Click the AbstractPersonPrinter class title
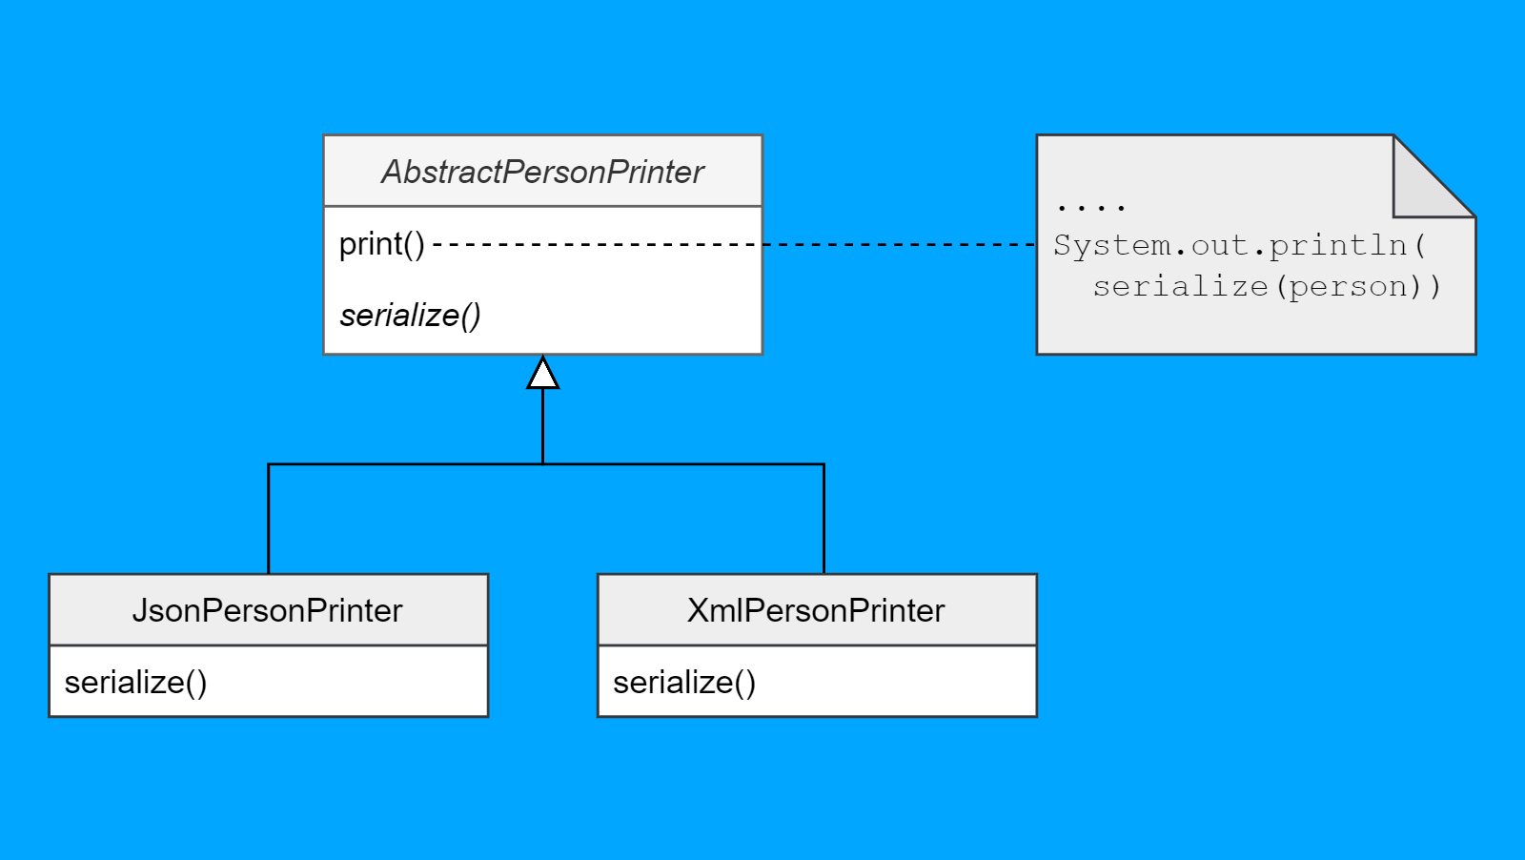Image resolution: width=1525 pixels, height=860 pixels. point(542,172)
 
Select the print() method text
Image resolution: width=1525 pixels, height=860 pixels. point(381,244)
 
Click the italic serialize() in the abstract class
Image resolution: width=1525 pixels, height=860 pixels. point(410,315)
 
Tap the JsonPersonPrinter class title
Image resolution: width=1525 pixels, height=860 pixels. point(267,610)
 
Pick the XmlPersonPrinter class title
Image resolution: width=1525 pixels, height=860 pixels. point(816,610)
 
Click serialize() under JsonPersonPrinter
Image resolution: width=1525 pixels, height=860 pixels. point(135,682)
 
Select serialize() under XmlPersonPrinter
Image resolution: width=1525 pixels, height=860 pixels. point(684,682)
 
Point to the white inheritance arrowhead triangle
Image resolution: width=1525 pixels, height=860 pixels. point(542,375)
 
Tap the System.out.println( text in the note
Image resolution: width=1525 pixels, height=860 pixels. point(1239,245)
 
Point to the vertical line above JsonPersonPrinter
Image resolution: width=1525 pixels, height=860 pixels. point(269,520)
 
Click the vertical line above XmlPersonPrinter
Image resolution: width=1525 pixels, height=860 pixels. point(823,520)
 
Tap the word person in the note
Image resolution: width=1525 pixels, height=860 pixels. point(1348,286)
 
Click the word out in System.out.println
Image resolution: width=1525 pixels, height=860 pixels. point(1220,245)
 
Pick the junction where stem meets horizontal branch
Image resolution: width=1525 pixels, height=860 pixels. point(542,464)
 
